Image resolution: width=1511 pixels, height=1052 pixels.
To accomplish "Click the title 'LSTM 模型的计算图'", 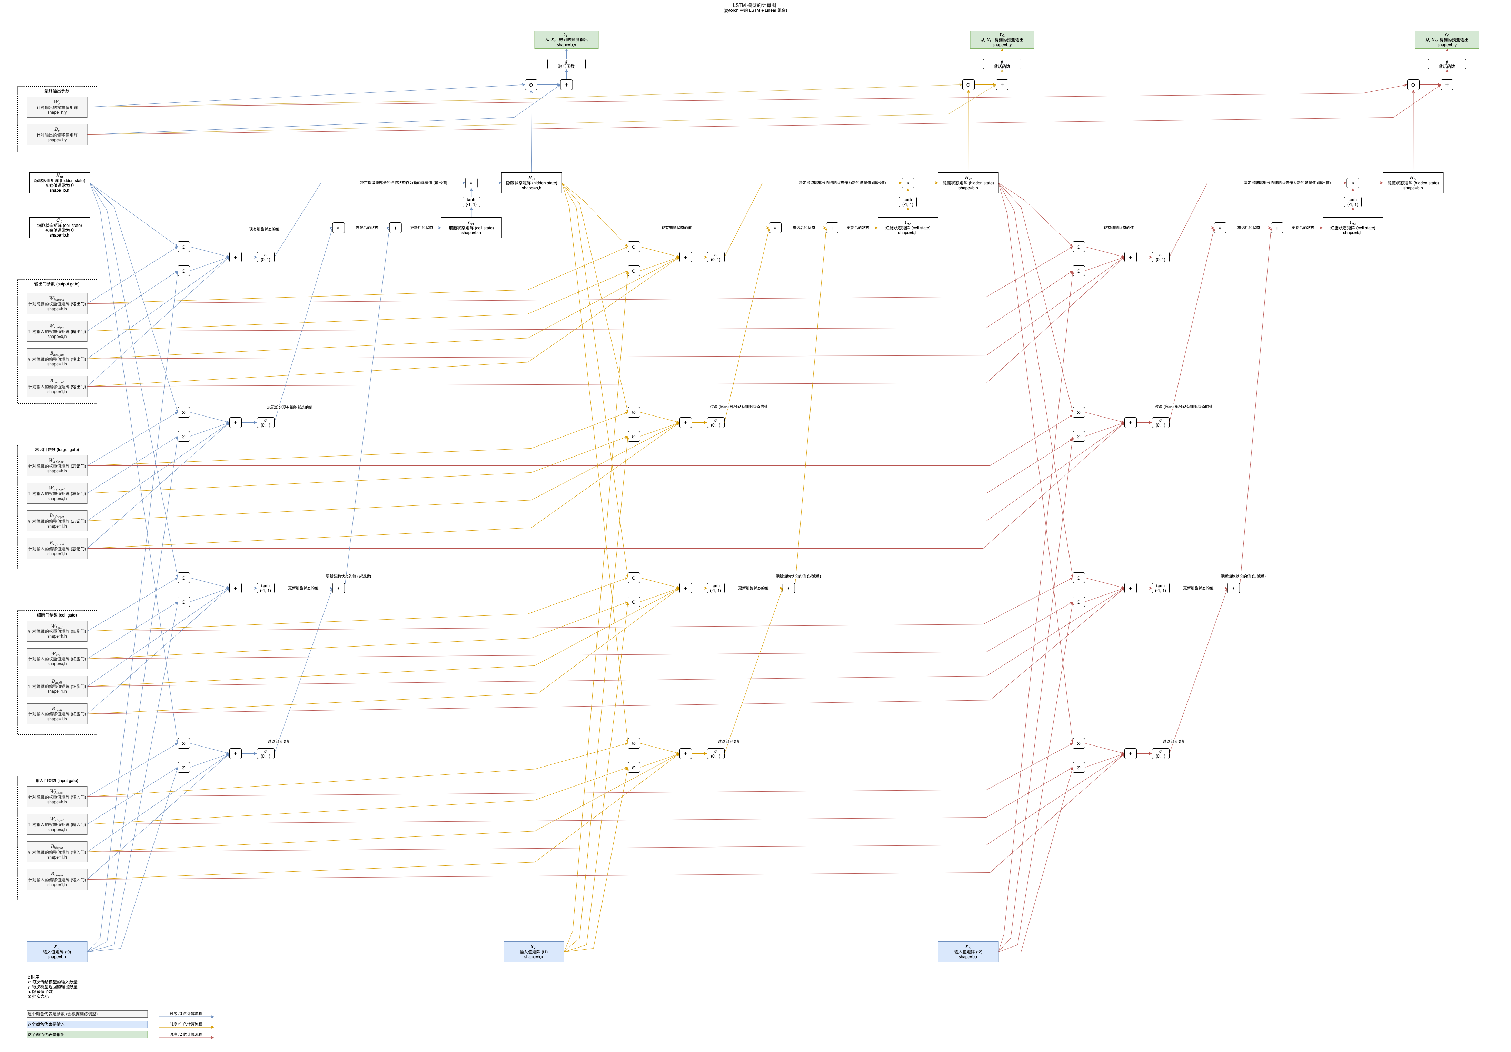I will [x=755, y=5].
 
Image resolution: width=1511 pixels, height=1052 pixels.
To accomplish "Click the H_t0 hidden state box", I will [x=59, y=183].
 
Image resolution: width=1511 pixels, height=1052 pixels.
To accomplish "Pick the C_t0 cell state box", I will [x=59, y=228].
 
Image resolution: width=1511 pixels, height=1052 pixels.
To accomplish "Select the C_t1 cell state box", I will [x=471, y=228].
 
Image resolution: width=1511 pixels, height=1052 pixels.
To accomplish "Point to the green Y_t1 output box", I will [x=566, y=40].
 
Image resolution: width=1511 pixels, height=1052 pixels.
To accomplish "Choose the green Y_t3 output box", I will [x=1447, y=40].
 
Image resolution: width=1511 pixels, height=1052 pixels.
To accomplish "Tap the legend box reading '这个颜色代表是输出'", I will [x=87, y=1034].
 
